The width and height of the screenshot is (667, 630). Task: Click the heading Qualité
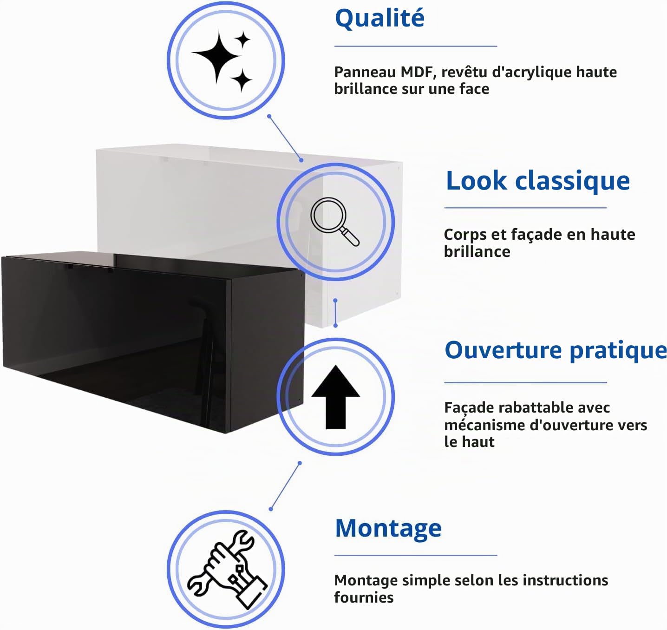[379, 19]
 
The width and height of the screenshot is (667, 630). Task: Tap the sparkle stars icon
[222, 61]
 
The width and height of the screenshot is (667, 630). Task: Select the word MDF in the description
[419, 72]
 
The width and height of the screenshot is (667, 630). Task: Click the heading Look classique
[538, 182]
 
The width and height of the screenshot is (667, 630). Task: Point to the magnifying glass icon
[334, 222]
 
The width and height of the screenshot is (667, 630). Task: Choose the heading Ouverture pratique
[556, 351]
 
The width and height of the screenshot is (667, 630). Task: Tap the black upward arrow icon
[335, 397]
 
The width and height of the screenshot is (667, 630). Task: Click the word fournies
[364, 598]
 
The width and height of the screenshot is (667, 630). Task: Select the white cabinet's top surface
[248, 153]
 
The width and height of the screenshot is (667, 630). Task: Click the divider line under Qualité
[415, 46]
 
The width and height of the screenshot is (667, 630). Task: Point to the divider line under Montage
[415, 555]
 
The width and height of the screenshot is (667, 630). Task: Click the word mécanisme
[484, 425]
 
